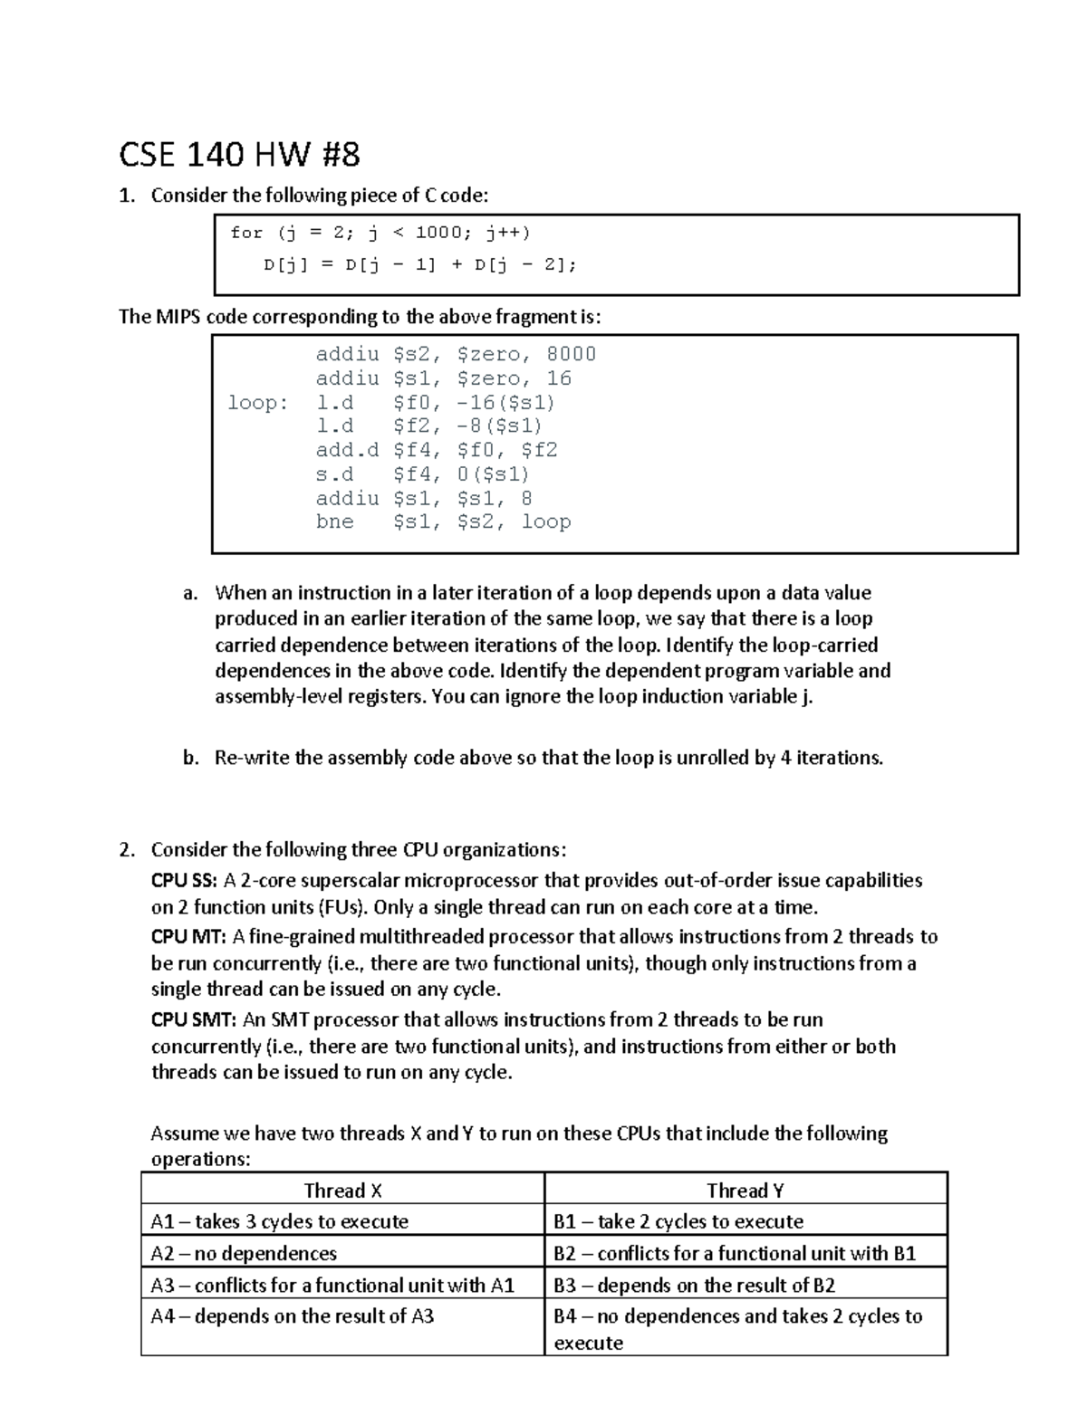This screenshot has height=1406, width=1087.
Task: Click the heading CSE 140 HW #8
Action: coord(239,155)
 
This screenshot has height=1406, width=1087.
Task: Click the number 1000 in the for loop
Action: coord(439,233)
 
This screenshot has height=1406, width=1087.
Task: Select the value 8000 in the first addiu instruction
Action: coord(571,354)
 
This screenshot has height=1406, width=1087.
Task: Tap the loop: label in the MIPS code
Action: coord(257,402)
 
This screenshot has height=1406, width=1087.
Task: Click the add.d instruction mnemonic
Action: coord(347,450)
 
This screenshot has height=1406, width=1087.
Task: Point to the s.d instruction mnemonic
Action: coord(334,474)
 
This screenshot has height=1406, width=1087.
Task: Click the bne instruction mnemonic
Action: coord(334,521)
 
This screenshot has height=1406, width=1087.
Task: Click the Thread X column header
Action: coord(342,1191)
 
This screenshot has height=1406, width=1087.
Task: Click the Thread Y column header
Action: coord(745,1191)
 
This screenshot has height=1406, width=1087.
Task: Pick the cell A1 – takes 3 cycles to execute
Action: coord(279,1221)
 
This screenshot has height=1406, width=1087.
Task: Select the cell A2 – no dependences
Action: coord(244,1253)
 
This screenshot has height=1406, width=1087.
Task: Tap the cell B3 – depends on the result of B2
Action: coord(694,1285)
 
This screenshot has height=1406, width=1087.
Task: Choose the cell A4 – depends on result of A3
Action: coord(292,1316)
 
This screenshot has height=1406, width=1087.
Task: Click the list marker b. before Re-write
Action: coord(190,758)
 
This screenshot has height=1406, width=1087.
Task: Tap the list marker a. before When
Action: coord(189,594)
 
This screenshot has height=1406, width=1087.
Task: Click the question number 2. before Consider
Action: coord(127,850)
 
